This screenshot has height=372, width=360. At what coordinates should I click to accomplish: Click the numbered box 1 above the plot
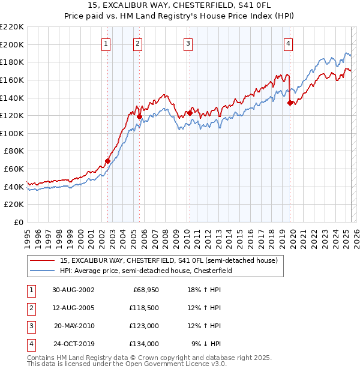[x=106, y=43]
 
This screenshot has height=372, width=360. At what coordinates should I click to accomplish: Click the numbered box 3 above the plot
[x=188, y=43]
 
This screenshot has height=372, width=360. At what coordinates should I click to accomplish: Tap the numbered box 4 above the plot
[x=288, y=43]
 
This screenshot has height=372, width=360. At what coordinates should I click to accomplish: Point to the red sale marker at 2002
[x=108, y=161]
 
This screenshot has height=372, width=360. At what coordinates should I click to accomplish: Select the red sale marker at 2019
[x=290, y=103]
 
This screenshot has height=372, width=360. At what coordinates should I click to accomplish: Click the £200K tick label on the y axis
[x=12, y=44]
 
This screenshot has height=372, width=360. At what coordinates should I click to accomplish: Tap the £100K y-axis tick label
[x=12, y=133]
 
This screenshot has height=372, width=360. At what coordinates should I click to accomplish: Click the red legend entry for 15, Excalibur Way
[x=169, y=261]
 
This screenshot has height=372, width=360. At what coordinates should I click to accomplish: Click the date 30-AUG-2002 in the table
[x=73, y=290]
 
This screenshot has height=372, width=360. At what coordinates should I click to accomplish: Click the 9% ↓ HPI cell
[x=206, y=344]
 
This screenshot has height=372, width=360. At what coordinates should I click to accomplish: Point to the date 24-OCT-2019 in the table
[x=73, y=344]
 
